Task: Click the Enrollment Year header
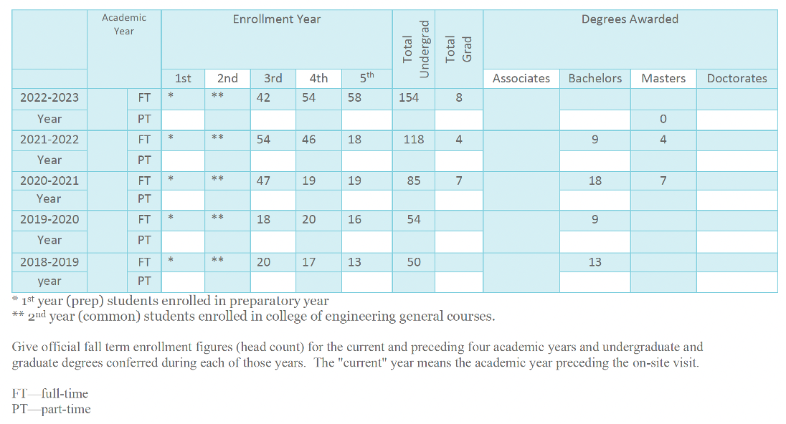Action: point(276,19)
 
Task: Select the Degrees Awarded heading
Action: point(630,19)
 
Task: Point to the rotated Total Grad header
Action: point(459,49)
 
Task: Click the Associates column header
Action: point(521,78)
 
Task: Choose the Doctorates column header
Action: point(737,78)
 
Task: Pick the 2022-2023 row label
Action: point(49,97)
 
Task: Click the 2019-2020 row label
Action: point(49,219)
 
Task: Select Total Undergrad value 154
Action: point(409,97)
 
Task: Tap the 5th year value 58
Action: point(354,97)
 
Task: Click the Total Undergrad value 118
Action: point(414,139)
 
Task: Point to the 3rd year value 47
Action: point(264,180)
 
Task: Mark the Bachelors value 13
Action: point(595,262)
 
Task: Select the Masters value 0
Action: point(663,119)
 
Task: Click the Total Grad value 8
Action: point(459,97)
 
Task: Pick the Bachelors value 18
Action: point(595,180)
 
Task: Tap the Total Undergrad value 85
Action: point(414,180)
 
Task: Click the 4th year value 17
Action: point(308,262)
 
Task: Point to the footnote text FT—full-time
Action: point(50,394)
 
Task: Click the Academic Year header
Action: point(124,24)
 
